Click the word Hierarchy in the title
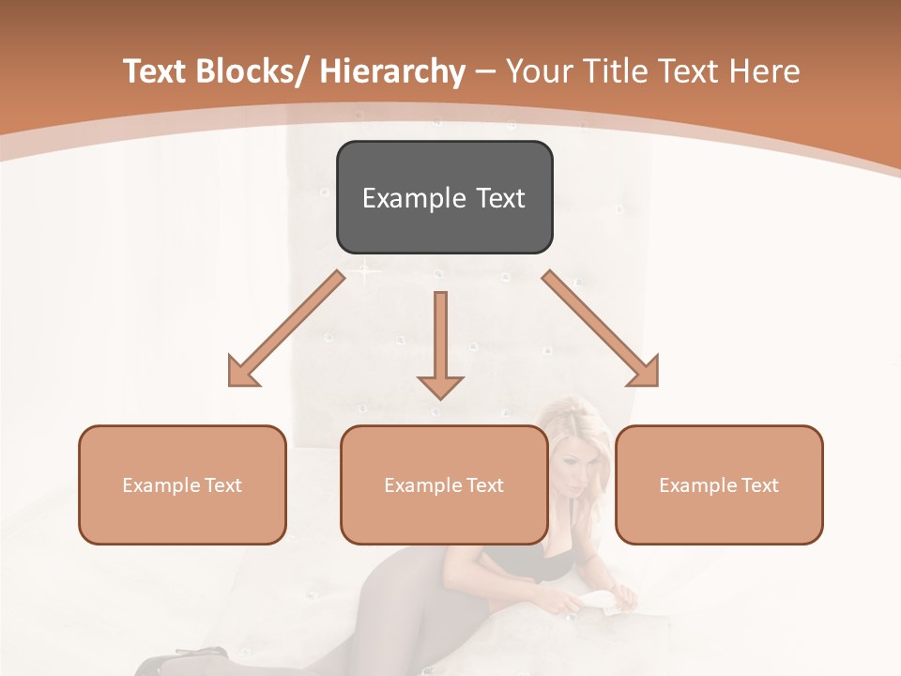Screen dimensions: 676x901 point(392,72)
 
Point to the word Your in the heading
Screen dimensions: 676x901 point(538,72)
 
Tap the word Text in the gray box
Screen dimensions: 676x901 point(500,198)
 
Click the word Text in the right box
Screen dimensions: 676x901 point(759,485)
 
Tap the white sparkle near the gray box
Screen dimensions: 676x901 point(364,273)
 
